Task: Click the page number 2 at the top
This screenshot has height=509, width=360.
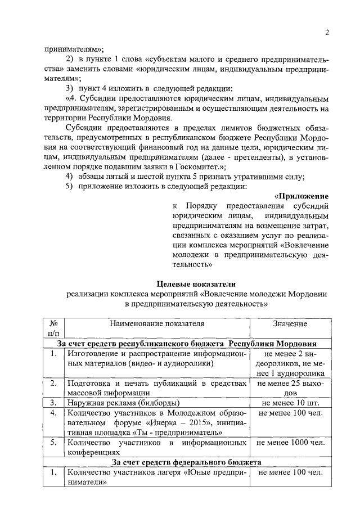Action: [326, 32]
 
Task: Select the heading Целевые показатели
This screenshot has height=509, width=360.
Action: [196, 283]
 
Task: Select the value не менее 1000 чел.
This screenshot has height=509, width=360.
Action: [290, 443]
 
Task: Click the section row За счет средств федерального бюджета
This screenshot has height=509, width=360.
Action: [186, 462]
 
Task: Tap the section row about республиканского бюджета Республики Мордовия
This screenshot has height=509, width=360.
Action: [186, 343]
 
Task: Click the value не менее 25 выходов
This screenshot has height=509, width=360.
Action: [290, 388]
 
